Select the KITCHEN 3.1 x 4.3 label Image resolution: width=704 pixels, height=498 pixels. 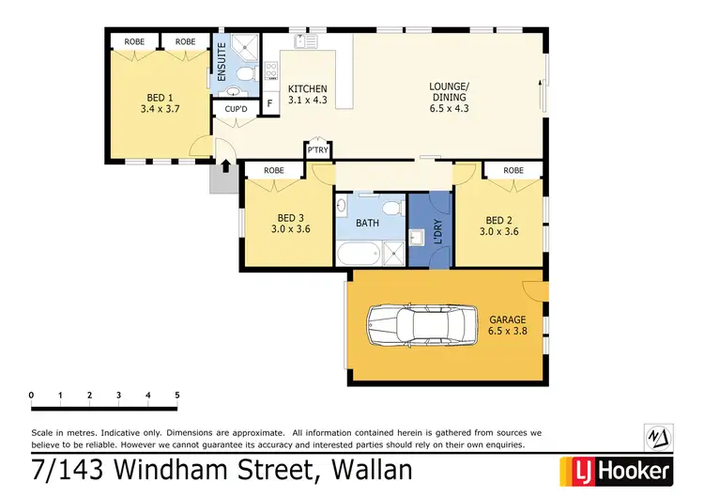tap(307, 93)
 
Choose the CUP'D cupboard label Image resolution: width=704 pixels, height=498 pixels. tap(234, 110)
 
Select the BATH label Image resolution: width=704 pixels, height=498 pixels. tap(368, 224)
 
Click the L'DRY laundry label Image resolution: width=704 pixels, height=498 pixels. tap(437, 232)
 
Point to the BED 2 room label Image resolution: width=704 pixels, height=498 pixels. tap(499, 220)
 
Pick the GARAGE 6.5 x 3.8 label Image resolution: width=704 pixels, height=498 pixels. tap(508, 326)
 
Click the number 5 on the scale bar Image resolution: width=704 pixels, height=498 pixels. tap(176, 395)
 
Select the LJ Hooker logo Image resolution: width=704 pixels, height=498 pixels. tap(616, 469)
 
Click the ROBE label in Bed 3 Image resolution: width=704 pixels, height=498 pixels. tap(273, 170)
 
